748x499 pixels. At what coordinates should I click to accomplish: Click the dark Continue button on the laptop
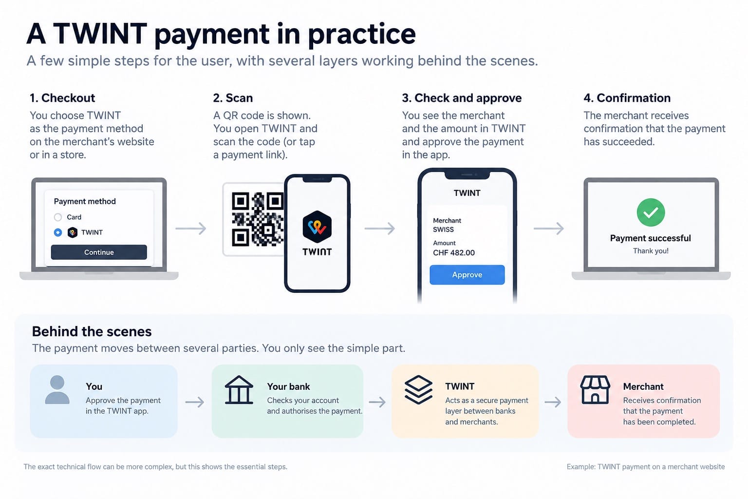pos(99,252)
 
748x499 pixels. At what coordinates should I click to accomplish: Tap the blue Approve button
pos(467,275)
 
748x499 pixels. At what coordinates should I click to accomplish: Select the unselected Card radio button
pos(58,217)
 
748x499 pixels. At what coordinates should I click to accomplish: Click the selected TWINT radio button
pos(58,232)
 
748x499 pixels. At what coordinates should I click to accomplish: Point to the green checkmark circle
pos(651,212)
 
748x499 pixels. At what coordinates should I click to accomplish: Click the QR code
pos(258,219)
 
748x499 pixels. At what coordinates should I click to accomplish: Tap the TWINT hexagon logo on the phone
pos(317,227)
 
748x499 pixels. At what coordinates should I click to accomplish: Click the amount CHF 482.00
pos(454,253)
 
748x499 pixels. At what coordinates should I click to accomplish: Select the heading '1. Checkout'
pos(62,98)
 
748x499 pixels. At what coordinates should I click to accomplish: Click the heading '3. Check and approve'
pos(462,98)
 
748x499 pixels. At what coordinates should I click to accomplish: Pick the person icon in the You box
pos(57,390)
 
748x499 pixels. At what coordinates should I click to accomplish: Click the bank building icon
pos(239,390)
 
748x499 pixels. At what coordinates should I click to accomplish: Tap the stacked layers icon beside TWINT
pos(418,390)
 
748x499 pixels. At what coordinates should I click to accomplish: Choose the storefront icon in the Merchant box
pos(595,390)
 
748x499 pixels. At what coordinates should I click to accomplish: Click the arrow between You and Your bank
pos(195,402)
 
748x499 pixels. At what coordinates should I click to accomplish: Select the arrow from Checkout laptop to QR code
pos(191,229)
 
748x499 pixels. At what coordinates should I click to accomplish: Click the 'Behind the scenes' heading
pos(92,331)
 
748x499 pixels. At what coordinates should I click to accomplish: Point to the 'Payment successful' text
pos(651,238)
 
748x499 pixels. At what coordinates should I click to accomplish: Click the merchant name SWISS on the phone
pos(444,230)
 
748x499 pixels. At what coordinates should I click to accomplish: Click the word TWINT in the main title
pos(100,34)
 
